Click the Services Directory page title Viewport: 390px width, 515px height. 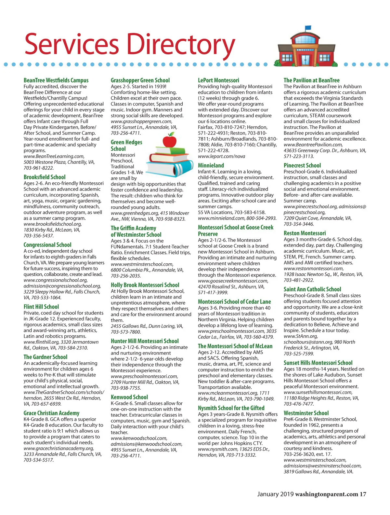(x=129, y=44)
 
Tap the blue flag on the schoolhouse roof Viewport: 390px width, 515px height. (x=307, y=27)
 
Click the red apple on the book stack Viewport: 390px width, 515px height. (x=169, y=141)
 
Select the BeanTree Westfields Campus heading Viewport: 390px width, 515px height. (x=56, y=80)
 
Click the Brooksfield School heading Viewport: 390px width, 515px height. (x=45, y=177)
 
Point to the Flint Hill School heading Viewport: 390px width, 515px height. (x=41, y=307)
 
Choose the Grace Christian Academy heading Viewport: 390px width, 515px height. (x=51, y=413)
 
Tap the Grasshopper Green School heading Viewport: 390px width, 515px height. (x=140, y=80)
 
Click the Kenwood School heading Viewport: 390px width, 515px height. (x=129, y=397)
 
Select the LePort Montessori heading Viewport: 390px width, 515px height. (x=218, y=80)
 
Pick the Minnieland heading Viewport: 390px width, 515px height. (x=211, y=165)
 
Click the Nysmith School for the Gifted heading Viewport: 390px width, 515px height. (x=231, y=408)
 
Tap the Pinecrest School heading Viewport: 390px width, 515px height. (x=302, y=165)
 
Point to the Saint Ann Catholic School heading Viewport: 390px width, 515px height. (x=312, y=289)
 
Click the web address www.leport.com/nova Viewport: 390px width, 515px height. (x=222, y=156)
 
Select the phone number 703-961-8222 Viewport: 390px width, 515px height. (x=39, y=168)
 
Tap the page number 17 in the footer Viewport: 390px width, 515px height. (x=363, y=494)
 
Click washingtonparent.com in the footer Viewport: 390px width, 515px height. (x=326, y=494)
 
